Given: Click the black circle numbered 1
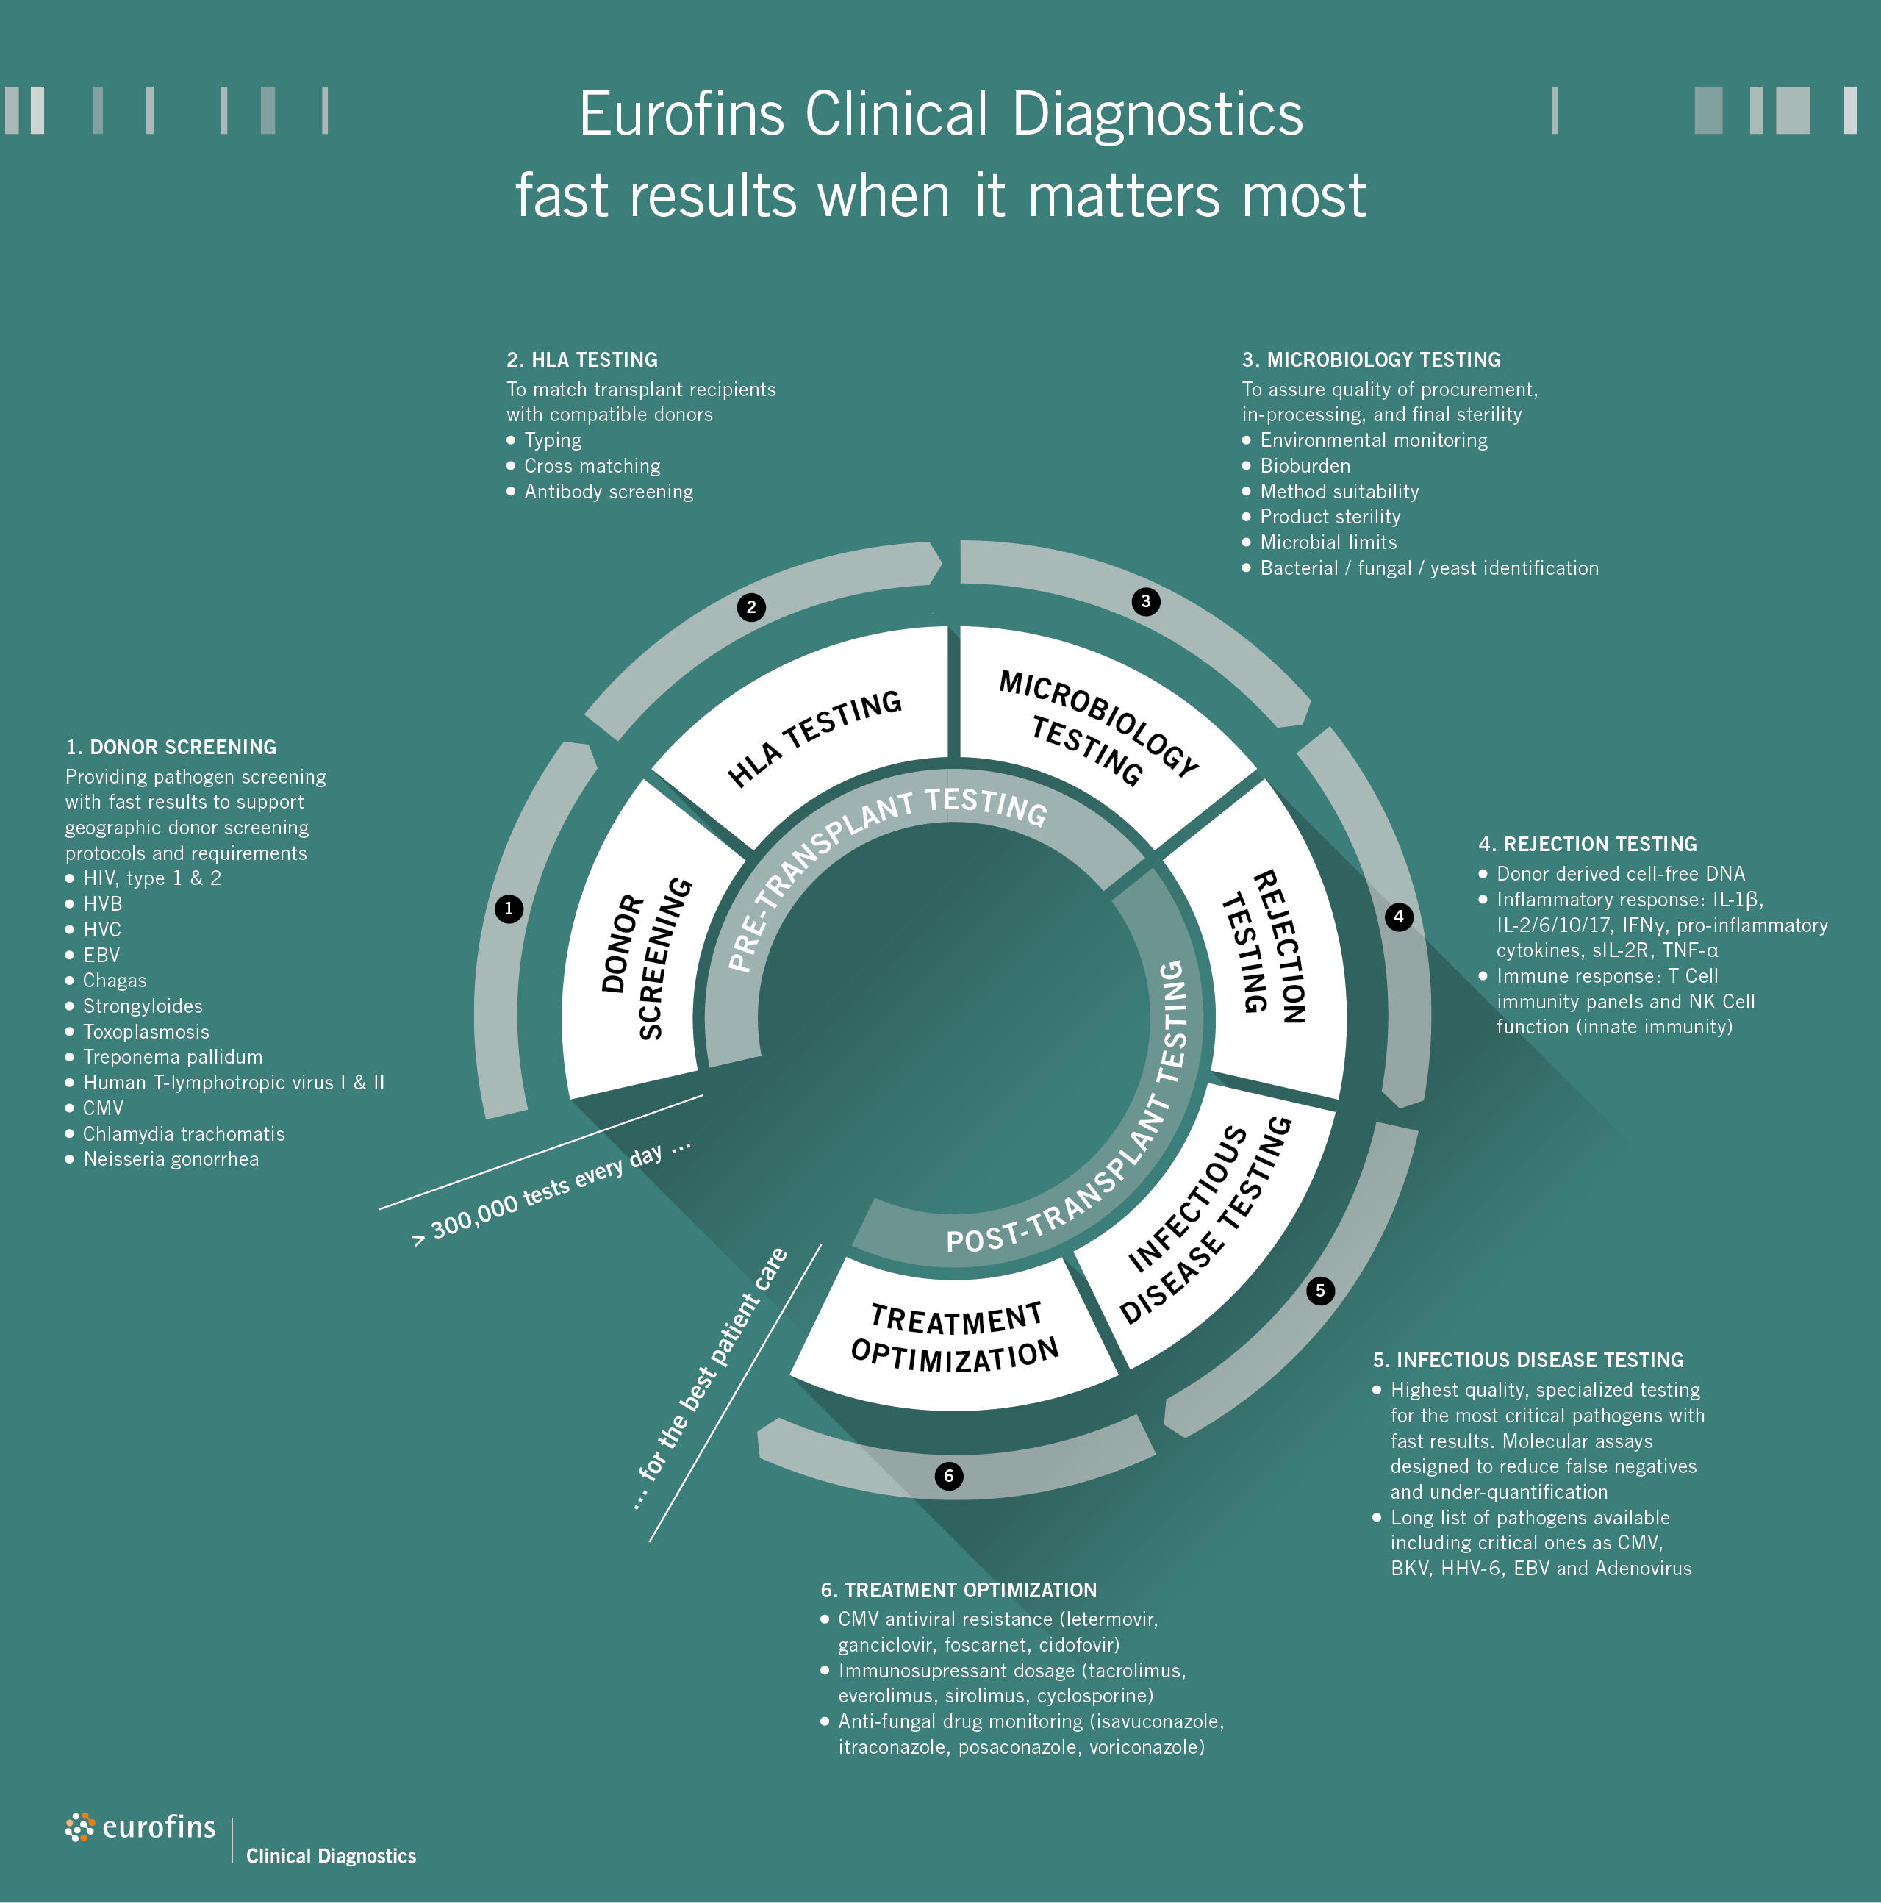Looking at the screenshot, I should (508, 909).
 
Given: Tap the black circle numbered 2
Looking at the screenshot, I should (751, 606).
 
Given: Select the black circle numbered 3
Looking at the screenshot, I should (1145, 601).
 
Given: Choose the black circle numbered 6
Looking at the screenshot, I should (948, 1475).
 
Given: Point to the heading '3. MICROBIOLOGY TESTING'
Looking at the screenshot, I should (1371, 359).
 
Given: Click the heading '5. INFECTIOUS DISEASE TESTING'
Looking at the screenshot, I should (1527, 1361).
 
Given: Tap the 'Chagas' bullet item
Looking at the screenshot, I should (114, 980).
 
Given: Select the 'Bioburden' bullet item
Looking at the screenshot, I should (1305, 466).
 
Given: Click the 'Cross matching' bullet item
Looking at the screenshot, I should (592, 466).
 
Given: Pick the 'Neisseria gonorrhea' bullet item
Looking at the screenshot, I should (171, 1159).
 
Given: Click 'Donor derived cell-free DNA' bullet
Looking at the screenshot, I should (1620, 874).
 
